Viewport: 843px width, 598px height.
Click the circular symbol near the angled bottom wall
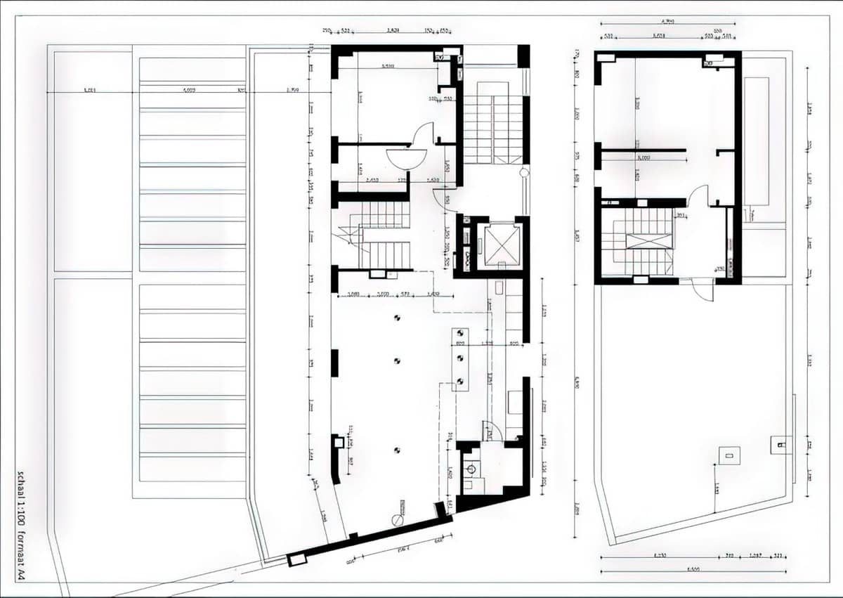coord(398,519)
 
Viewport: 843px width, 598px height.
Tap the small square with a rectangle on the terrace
coord(728,456)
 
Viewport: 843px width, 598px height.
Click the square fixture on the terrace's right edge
coord(780,445)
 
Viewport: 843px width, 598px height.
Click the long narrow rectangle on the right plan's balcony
coord(756,141)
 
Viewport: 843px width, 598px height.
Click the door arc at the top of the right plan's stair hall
coord(698,196)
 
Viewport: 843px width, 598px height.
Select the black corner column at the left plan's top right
coord(523,56)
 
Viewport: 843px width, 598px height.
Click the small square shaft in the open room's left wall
coord(339,443)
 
